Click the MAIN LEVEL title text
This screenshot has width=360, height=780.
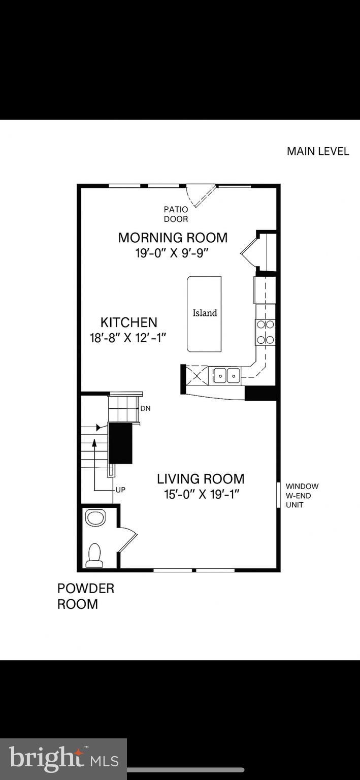[318, 151]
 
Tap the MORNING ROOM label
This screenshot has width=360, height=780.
[173, 238]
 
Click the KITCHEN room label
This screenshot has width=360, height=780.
[128, 322]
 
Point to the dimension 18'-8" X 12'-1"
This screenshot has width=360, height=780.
[128, 338]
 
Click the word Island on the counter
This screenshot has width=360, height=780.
[205, 313]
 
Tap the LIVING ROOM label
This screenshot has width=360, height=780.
[201, 479]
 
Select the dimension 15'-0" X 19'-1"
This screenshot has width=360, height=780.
[201, 494]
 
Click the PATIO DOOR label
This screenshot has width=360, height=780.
[176, 214]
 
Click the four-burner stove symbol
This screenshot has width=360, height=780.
[265, 332]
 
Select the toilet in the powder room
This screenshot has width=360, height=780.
[94, 555]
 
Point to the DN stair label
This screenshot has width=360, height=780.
[145, 408]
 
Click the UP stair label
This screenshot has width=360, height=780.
[120, 490]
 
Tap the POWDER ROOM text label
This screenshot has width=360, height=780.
[85, 596]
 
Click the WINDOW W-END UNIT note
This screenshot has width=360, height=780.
[302, 496]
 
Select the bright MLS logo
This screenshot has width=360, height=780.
[63, 759]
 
